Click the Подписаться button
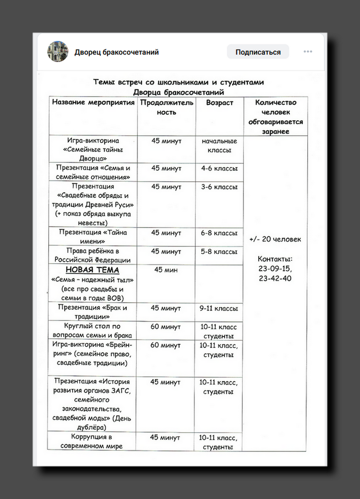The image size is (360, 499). click(x=258, y=52)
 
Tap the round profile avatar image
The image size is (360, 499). click(x=58, y=52)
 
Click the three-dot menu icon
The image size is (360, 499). click(x=308, y=52)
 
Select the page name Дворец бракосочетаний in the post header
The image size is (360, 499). click(x=116, y=52)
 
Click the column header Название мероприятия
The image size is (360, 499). click(x=93, y=103)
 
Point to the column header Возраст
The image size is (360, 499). click(x=219, y=103)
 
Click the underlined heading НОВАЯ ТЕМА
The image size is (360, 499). click(x=92, y=270)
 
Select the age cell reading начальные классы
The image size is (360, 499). click(x=219, y=146)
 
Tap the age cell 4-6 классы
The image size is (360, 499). click(x=219, y=168)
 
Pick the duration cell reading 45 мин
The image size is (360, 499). click(x=166, y=270)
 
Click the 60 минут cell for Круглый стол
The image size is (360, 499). click(x=165, y=326)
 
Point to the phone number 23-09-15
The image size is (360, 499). click(x=275, y=269)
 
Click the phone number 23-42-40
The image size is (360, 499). click(x=275, y=279)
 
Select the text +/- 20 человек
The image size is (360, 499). click(x=275, y=239)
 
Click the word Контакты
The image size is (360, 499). click(x=275, y=259)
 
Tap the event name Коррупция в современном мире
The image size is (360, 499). click(x=92, y=442)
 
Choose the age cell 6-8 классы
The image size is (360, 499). click(x=219, y=233)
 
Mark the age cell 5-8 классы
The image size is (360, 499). click(x=219, y=252)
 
